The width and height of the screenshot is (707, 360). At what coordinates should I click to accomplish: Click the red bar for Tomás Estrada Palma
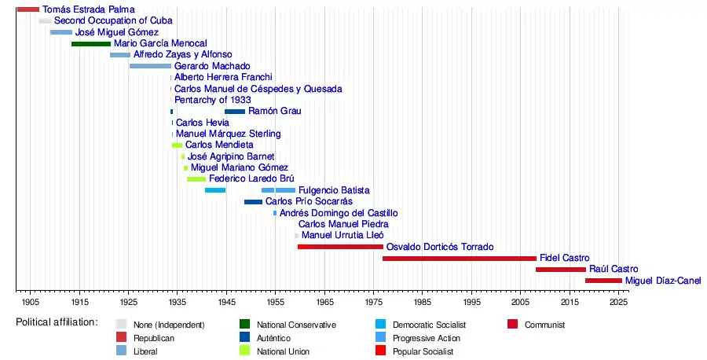coord(27,9)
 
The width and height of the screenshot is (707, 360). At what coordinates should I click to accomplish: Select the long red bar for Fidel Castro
coord(460,258)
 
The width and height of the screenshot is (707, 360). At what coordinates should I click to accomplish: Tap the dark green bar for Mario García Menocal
coord(91,43)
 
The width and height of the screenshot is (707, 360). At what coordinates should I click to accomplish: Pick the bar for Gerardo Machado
coord(150,66)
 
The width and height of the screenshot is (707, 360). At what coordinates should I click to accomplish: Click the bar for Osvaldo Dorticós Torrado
coord(340,247)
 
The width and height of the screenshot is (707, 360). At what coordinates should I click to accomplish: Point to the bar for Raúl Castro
coord(561,270)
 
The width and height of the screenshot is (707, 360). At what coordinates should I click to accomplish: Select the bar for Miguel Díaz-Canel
coord(603,281)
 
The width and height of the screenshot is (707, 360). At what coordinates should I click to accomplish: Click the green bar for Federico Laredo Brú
coord(196,179)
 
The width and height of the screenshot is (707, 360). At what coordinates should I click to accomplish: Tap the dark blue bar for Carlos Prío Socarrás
coord(253,202)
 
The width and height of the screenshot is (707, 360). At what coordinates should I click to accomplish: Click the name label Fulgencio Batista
coord(334,190)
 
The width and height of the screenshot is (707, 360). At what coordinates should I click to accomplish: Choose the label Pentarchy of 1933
coord(213,100)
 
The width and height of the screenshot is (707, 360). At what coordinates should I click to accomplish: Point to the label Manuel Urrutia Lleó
coord(343,235)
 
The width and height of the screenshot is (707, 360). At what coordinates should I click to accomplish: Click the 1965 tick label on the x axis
coord(324,302)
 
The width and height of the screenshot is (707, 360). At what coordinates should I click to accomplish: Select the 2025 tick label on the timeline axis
coord(618,302)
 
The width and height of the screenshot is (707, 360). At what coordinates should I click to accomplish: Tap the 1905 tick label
coord(31,302)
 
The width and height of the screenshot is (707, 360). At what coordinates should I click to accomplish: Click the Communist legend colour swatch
coord(513,324)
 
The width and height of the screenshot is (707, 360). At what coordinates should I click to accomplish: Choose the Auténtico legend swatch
coord(244,338)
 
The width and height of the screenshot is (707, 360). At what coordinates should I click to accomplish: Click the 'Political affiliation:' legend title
coord(57,322)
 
